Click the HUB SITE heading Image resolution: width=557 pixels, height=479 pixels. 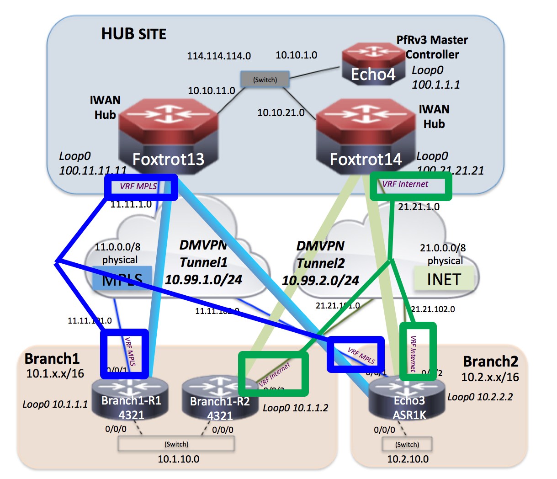pyautogui.click(x=133, y=34)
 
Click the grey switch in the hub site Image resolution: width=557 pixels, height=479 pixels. pyautogui.click(x=265, y=80)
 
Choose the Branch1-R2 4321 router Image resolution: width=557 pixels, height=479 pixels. pyautogui.click(x=220, y=399)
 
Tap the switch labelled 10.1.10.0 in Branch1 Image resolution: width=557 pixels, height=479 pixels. pyautogui.click(x=176, y=444)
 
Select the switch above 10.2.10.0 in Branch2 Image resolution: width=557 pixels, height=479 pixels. pyautogui.click(x=407, y=444)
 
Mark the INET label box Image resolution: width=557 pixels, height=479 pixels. pyautogui.click(x=443, y=279)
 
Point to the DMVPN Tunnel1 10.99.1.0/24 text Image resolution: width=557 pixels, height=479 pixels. pyautogui.click(x=203, y=262)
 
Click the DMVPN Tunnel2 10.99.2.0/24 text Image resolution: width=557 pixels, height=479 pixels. pyautogui.click(x=321, y=264)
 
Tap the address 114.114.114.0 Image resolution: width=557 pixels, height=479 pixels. pyautogui.click(x=219, y=56)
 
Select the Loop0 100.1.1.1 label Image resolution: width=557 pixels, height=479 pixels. pyautogui.click(x=435, y=77)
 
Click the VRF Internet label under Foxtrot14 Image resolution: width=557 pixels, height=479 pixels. pyautogui.click(x=405, y=184)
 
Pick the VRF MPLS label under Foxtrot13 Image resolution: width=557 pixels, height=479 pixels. pyautogui.click(x=138, y=186)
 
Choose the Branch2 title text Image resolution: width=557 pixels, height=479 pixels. pyautogui.click(x=490, y=362)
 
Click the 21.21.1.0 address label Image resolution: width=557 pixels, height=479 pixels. pyautogui.click(x=419, y=207)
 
